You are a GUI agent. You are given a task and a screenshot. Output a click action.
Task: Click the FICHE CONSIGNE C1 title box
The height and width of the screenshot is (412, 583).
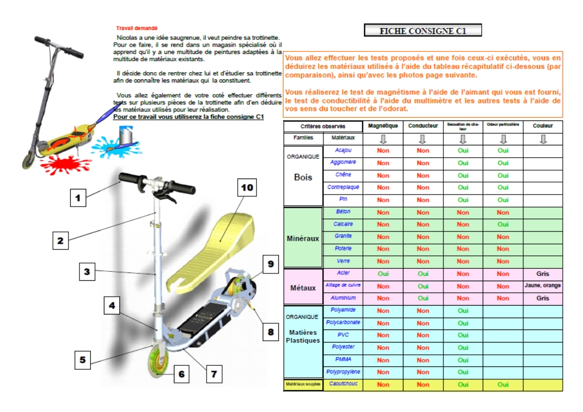click(x=423, y=31)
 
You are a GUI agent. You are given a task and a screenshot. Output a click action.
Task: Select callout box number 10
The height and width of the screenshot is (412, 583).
click(x=247, y=188)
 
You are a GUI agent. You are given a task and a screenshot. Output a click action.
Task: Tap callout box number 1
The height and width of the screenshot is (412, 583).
click(x=78, y=198)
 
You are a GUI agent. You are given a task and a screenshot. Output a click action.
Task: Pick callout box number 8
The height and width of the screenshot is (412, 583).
click(x=270, y=332)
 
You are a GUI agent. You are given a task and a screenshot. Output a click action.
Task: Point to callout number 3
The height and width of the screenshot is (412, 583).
click(x=87, y=271)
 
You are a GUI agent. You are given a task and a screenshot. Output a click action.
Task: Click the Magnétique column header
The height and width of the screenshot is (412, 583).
click(x=383, y=126)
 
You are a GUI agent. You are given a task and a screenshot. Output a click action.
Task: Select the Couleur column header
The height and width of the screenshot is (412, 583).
click(x=543, y=126)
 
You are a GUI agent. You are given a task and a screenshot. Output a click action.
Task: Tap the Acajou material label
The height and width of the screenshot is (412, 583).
click(x=343, y=150)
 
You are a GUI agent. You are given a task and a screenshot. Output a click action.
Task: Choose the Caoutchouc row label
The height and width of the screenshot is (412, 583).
click(x=343, y=384)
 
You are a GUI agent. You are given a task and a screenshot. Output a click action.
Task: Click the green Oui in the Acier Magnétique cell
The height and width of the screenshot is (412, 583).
click(x=383, y=273)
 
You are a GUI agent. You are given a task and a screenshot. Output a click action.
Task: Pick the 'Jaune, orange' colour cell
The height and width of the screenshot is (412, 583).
click(x=543, y=286)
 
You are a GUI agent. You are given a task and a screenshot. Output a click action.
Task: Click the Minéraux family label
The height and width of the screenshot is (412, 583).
click(x=303, y=239)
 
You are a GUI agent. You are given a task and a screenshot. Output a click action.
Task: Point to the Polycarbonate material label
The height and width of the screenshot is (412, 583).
click(x=343, y=323)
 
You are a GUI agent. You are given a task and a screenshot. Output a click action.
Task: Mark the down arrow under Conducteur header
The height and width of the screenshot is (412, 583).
click(x=423, y=139)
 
